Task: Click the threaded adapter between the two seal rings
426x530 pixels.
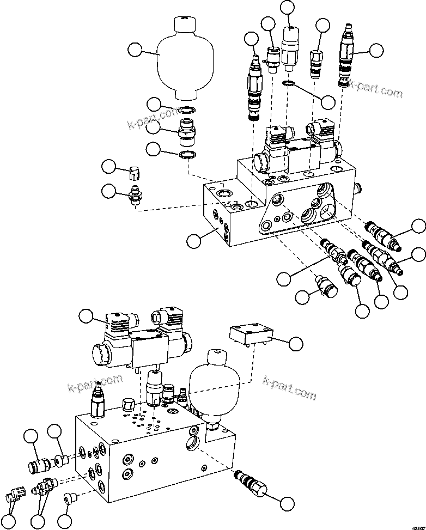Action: tap(187, 131)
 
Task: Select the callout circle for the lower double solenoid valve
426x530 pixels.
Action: tap(86, 316)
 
